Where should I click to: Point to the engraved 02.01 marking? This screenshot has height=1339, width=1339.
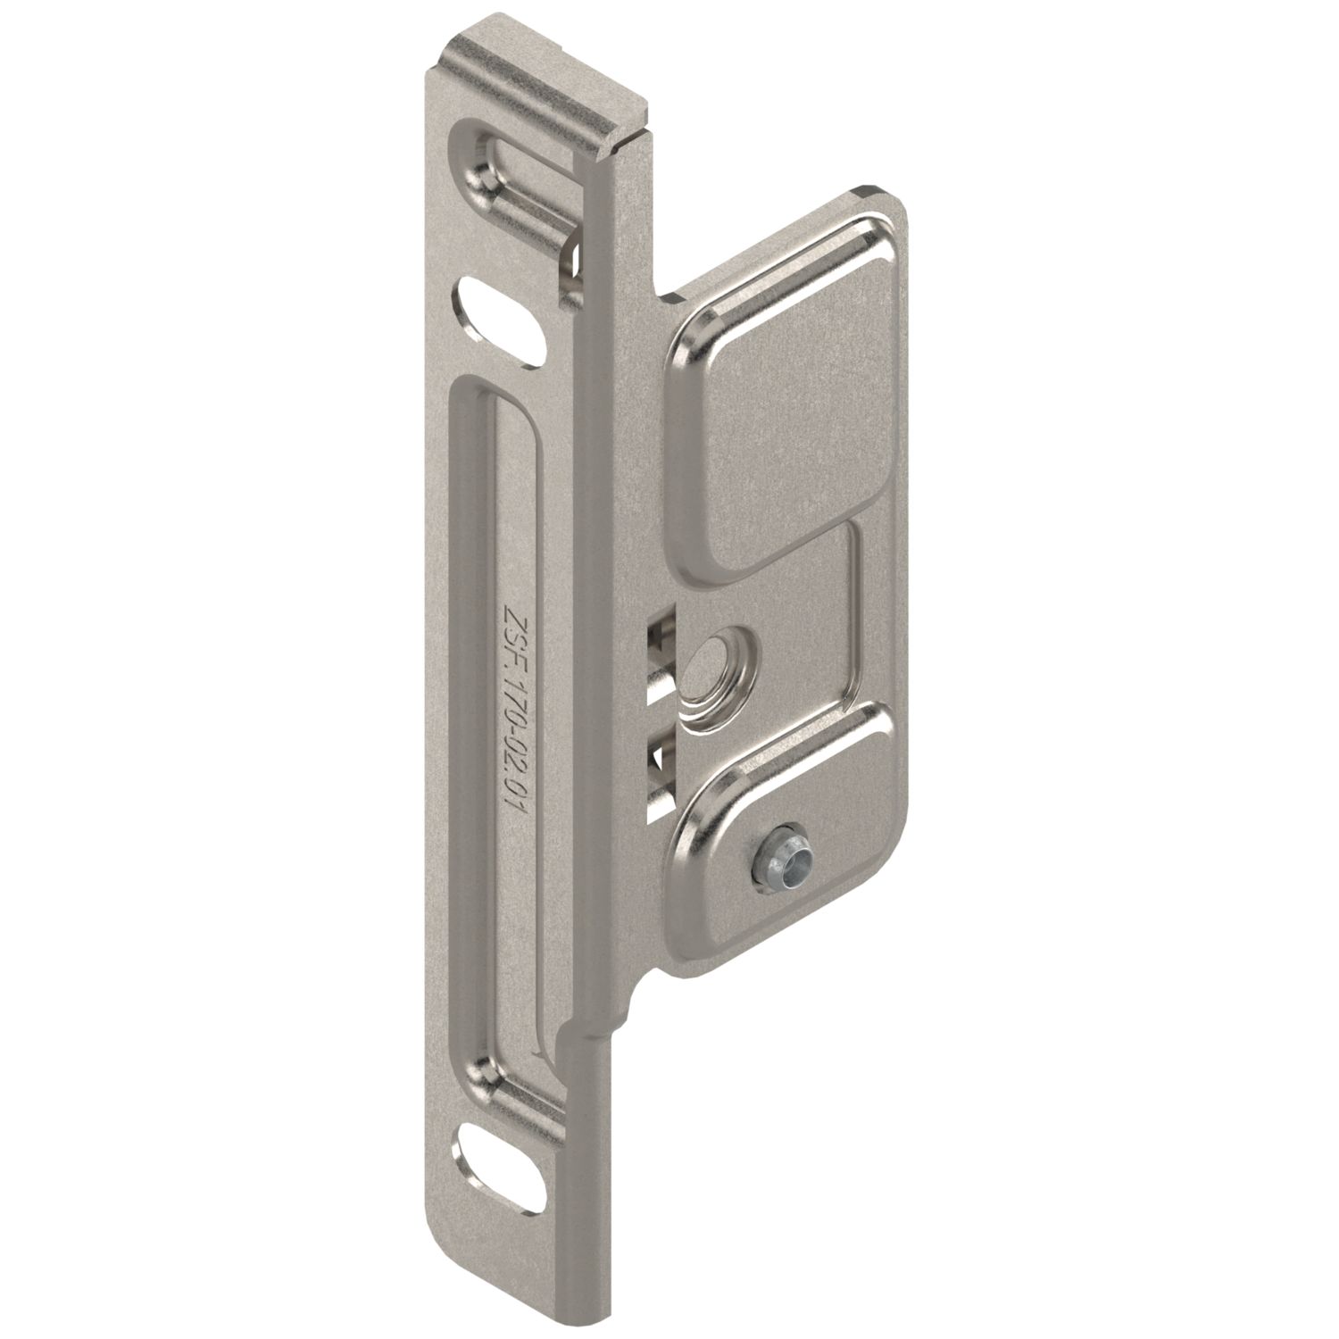pos(515,777)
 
